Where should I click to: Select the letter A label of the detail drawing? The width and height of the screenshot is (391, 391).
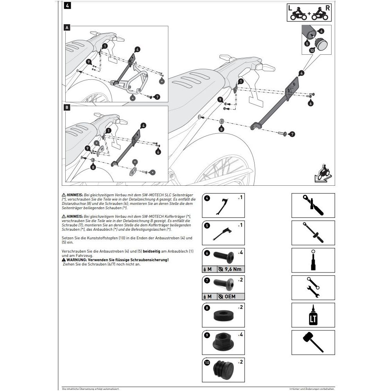click(67, 28)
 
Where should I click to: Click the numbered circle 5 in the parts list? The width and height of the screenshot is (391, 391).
click(208, 226)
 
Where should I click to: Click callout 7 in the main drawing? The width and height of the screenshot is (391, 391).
click(293, 134)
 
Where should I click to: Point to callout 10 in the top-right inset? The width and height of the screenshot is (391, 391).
click(312, 50)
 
